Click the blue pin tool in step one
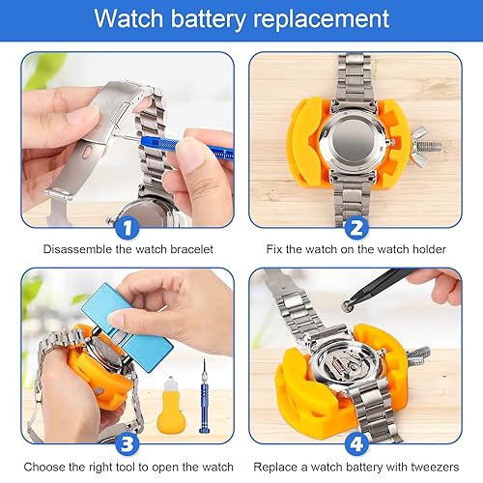pyautogui.click(x=174, y=145)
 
